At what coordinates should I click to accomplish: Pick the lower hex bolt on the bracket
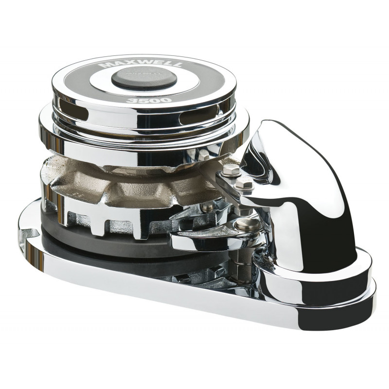click(245, 183)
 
